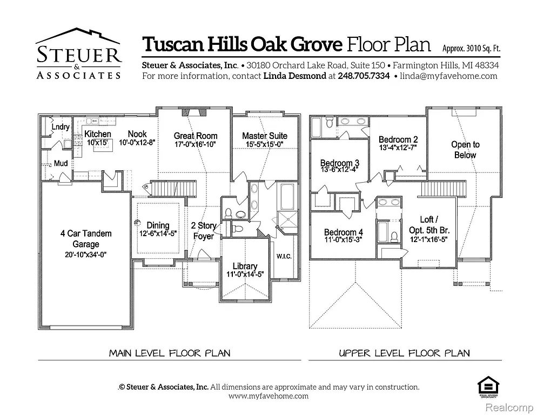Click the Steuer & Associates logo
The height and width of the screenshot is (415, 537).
pyautogui.click(x=78, y=54)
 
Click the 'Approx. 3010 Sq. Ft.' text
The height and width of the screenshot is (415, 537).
pyautogui.click(x=471, y=48)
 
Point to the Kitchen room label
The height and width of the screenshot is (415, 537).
pyautogui.click(x=98, y=134)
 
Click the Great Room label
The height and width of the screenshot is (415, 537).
pyautogui.click(x=196, y=136)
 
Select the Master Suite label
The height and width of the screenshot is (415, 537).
pyautogui.click(x=265, y=136)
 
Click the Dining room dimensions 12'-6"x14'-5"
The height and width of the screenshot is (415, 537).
pyautogui.click(x=158, y=233)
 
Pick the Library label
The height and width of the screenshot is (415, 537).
pyautogui.click(x=245, y=266)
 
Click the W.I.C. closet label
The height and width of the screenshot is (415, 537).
pyautogui.click(x=284, y=256)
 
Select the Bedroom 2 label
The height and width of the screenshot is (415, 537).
pyautogui.click(x=398, y=139)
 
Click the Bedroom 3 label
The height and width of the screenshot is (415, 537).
pyautogui.click(x=339, y=163)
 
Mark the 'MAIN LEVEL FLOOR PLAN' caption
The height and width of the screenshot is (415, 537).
pyautogui.click(x=170, y=353)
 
